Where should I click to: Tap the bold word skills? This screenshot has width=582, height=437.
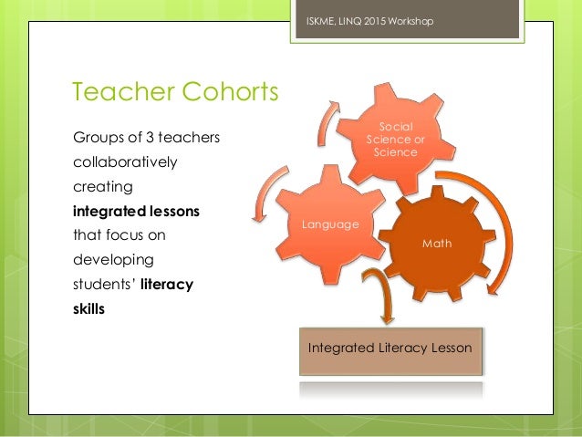(88, 308)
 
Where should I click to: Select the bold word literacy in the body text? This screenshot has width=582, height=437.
(167, 285)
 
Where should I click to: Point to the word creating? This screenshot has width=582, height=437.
(102, 187)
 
